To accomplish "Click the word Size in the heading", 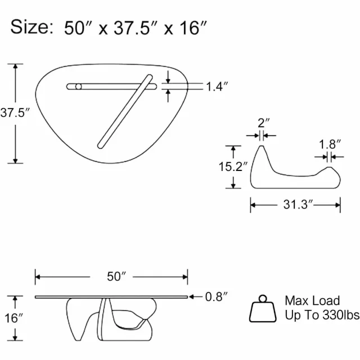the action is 32,27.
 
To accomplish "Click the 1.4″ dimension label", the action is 217,87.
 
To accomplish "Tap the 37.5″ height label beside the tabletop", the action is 15,112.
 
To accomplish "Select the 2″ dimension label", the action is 263,123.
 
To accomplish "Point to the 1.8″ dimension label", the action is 330,145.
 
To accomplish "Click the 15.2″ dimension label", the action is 233,166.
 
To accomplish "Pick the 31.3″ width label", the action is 298,204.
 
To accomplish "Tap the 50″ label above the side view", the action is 116,276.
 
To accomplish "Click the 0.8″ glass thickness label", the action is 216,296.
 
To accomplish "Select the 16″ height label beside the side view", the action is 13,318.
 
